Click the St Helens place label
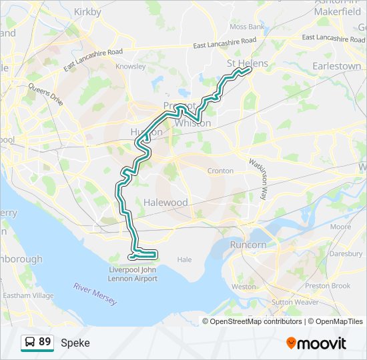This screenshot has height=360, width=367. (x=247, y=63)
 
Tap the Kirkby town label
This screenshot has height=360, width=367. (x=87, y=12)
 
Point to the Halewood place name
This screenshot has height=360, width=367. (x=165, y=202)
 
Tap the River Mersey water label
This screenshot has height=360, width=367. (x=95, y=294)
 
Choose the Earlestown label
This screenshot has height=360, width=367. (x=337, y=67)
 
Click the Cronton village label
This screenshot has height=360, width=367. (x=220, y=171)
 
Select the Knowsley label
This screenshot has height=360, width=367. (x=130, y=67)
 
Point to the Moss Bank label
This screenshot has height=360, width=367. (x=246, y=27)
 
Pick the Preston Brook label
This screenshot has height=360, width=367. (x=328, y=286)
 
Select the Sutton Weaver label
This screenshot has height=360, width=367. (x=294, y=302)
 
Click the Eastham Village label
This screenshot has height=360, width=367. (x=28, y=295)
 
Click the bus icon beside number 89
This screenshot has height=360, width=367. (x=30, y=343)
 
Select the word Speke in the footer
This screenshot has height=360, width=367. (x=75, y=343)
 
